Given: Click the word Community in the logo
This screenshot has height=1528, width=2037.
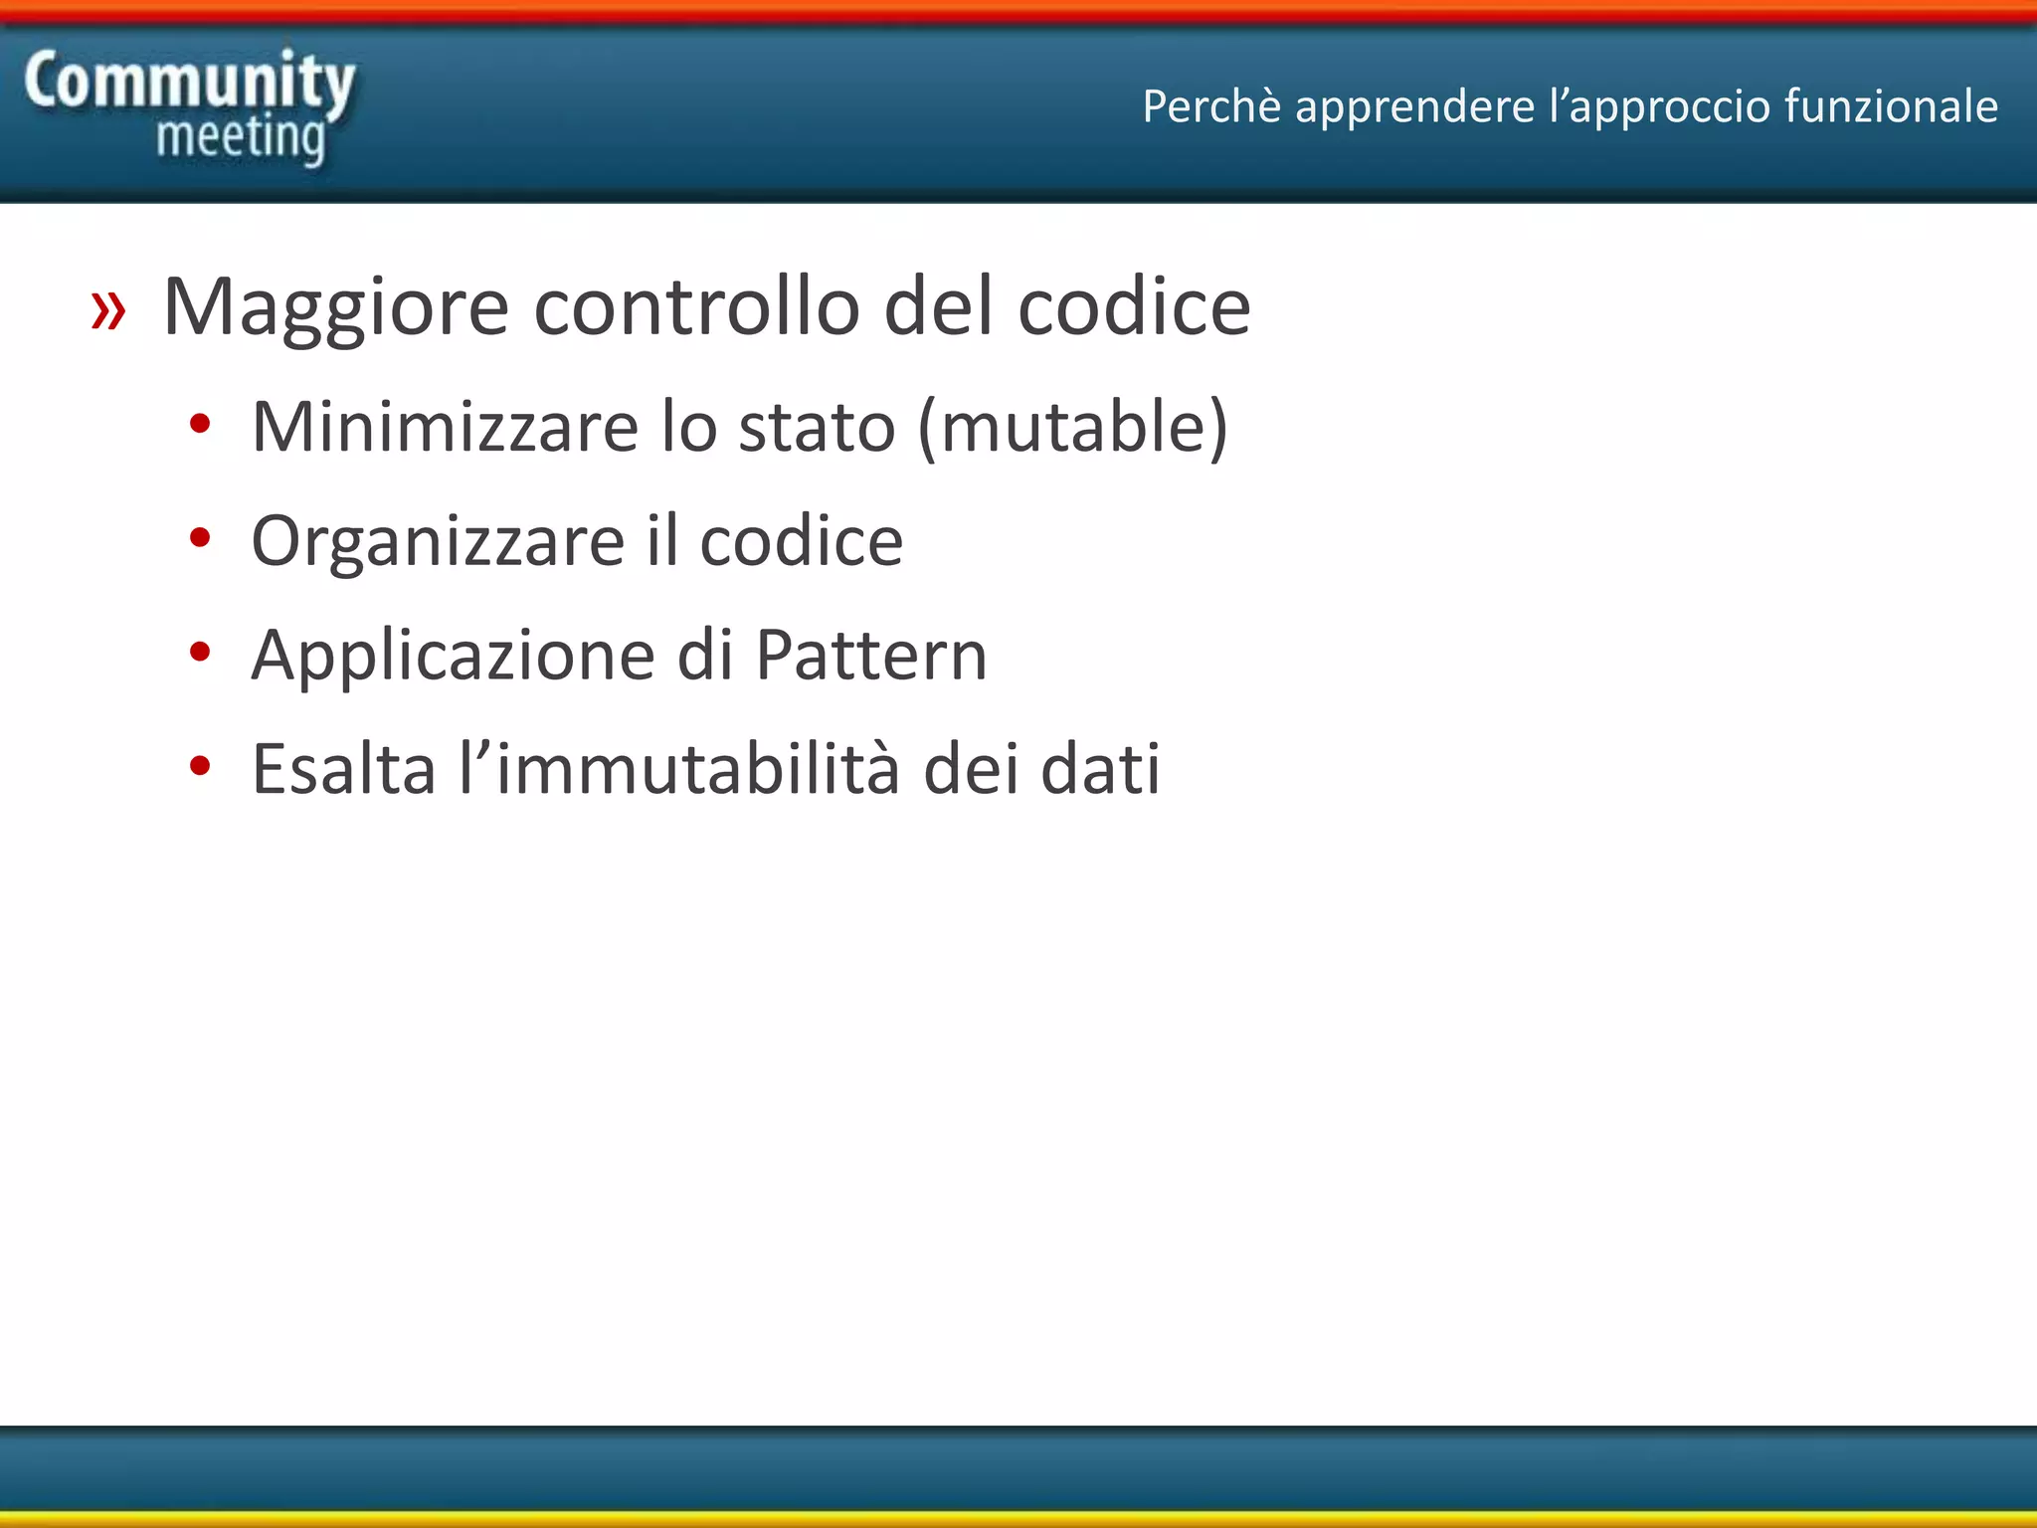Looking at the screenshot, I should coord(189,82).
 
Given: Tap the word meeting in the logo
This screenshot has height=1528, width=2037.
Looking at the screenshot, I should coord(241,137).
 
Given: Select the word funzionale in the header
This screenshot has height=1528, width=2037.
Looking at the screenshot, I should coord(1891,106).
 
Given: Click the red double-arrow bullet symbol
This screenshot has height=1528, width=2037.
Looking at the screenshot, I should coord(108,309).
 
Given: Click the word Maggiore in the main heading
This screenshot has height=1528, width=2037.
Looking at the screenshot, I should coord(336,309).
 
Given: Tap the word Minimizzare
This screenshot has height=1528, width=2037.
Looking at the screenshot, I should coord(445,427).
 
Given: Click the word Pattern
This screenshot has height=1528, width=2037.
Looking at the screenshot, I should coord(871,656).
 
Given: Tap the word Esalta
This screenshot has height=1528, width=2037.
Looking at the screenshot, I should coord(344,769).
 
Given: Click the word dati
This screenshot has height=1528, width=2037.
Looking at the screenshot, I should coord(1100,769).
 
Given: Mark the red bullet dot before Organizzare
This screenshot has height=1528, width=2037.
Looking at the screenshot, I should coord(201,538).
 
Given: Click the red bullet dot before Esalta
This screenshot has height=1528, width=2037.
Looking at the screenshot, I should coord(201,766).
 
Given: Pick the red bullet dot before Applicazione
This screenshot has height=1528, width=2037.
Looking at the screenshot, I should coord(201,653).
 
